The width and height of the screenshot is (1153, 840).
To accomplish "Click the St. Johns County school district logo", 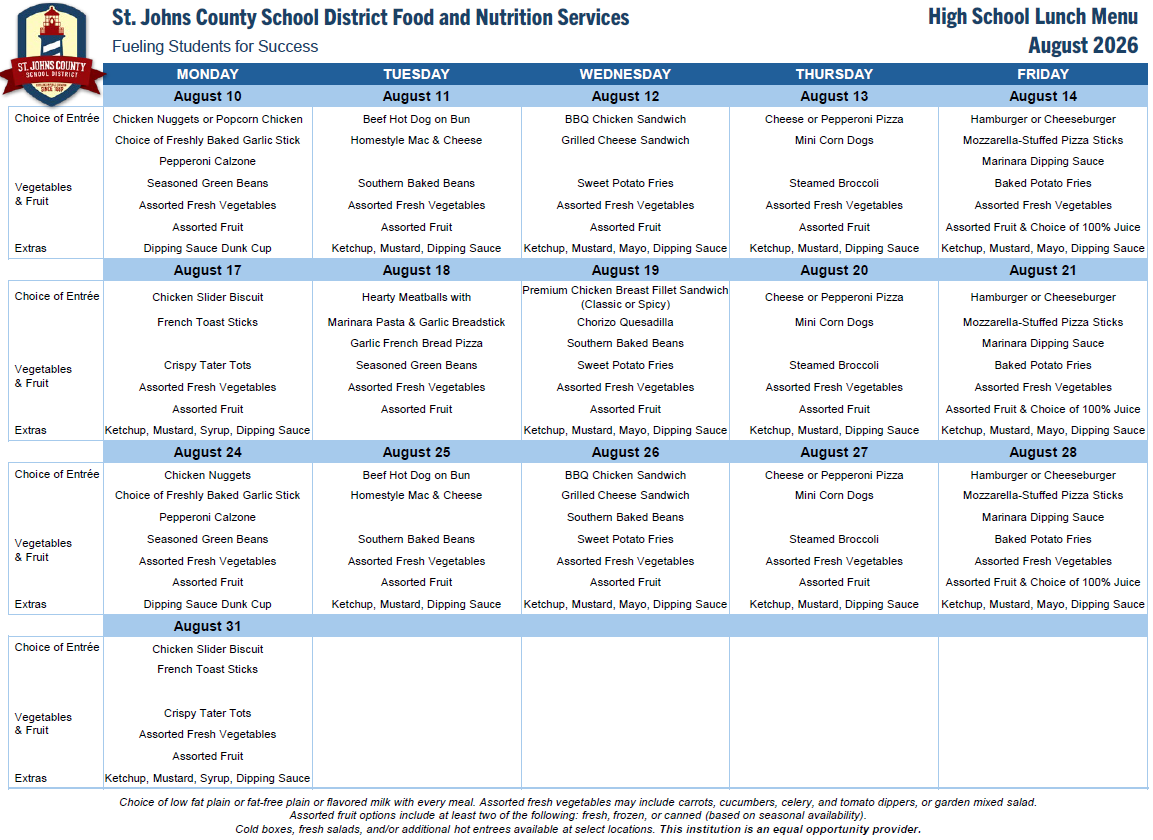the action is point(51,54).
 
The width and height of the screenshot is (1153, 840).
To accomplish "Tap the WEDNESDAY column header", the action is point(625,74).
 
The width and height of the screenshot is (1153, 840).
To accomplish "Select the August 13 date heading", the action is point(834,96).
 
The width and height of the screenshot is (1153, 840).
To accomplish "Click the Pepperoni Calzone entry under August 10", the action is point(207,161).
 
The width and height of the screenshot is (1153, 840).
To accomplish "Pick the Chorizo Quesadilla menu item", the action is point(625,322).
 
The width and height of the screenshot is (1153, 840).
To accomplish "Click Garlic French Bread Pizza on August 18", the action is point(416,343).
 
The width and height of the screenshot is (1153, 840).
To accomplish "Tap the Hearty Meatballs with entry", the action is point(416,297).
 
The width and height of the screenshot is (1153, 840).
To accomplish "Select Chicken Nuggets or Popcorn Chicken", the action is point(207,119).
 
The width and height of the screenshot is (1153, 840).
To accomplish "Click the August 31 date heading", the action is point(207,627).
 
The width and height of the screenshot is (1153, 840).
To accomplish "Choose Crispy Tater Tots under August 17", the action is point(207,365).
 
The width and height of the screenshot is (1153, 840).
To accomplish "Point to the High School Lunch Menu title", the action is point(1033,17).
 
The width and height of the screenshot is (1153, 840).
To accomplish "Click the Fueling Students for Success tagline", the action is point(215,46).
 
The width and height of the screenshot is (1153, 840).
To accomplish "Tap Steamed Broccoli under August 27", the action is point(834,539).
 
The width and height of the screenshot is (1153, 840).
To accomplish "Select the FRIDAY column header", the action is point(1043,74).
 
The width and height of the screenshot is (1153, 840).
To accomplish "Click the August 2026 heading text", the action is point(1083,46).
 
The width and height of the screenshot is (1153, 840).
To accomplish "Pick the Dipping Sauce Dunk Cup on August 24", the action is point(207,604).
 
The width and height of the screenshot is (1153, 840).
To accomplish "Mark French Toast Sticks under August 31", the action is point(207,669).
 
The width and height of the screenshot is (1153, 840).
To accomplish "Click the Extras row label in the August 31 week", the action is point(31,778).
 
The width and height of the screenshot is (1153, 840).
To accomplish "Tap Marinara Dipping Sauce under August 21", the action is point(1043,343).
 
